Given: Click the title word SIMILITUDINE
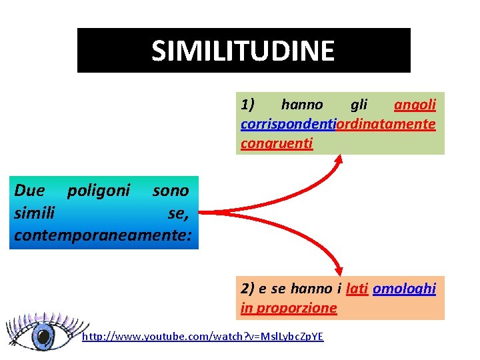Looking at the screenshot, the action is (243, 51).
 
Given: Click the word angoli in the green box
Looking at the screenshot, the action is (415, 105).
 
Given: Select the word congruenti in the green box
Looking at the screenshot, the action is (277, 143).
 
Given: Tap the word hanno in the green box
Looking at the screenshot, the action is (302, 105).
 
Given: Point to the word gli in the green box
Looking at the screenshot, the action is (359, 105).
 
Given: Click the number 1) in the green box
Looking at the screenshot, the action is (248, 105).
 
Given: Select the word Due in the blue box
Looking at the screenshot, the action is (29, 191).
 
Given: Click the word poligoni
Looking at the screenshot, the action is (99, 191).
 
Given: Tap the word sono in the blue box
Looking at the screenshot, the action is (171, 191).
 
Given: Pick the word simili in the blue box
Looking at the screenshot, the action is (34, 213).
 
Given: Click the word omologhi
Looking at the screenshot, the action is (404, 289).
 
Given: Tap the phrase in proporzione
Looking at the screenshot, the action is (289, 308).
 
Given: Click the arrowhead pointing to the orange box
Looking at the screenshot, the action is (339, 269).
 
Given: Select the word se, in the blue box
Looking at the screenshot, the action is (179, 213).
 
